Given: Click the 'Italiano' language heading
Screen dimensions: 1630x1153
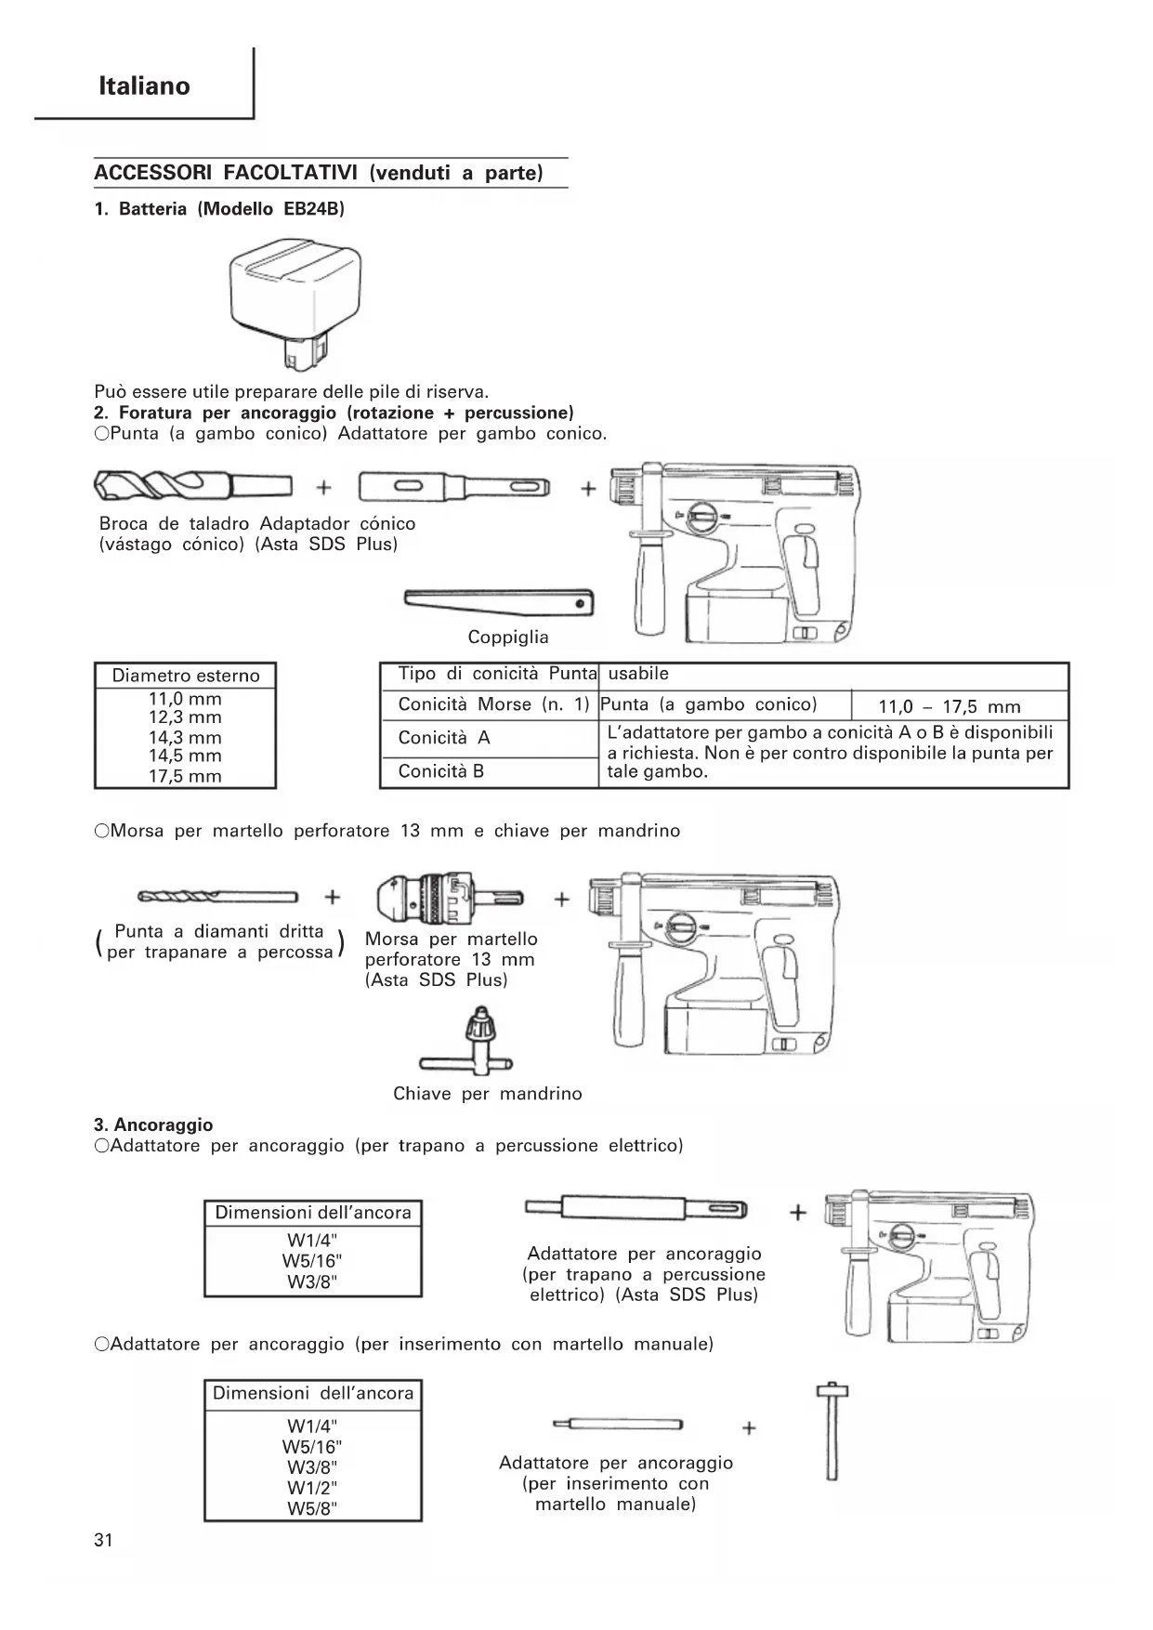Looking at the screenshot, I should [144, 86].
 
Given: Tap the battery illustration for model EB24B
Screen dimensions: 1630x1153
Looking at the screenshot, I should [294, 301].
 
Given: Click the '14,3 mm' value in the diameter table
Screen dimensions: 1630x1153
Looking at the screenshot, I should [185, 737].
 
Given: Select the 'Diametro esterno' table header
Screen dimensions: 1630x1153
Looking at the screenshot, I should [185, 676].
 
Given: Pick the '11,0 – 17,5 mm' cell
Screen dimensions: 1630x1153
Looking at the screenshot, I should [949, 706].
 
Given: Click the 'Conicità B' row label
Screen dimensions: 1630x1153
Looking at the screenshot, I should [441, 771].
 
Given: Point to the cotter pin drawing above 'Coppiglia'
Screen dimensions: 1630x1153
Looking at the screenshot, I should [499, 602].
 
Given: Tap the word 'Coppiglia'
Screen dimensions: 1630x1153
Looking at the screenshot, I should [507, 638].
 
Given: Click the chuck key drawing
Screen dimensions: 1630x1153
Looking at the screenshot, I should [475, 1042].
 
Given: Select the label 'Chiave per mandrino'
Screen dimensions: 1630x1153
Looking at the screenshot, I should [487, 1094].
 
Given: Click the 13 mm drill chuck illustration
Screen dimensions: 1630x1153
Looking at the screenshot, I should [449, 897].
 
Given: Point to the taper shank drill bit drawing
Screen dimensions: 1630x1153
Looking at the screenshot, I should [192, 485].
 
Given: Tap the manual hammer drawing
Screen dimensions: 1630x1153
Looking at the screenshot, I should [832, 1430].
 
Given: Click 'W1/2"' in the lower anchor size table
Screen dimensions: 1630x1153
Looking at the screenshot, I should [312, 1488].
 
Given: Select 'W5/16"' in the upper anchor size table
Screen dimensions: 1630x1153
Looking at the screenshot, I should [312, 1261].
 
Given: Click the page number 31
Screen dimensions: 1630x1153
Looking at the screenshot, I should [103, 1540].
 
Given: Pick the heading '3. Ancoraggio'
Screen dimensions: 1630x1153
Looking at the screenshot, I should [153, 1125].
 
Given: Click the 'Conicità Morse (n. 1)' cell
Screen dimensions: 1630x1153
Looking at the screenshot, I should [493, 704].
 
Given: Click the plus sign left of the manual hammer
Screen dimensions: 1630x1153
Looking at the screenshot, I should [750, 1427].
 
